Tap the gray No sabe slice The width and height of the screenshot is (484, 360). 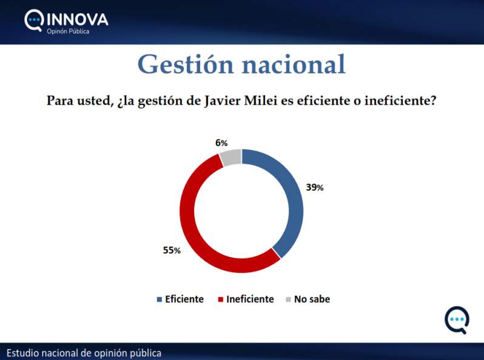pos(232,158)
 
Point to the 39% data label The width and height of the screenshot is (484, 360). pos(314,188)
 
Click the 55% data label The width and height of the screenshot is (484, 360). pos(172,250)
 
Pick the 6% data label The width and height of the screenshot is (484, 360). pos(221,143)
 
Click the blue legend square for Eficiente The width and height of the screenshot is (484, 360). pos(160,299)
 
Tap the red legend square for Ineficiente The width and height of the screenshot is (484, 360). pos(221,299)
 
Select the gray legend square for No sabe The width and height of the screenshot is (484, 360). pos(289,299)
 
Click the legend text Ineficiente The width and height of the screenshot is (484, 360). pos(250,299)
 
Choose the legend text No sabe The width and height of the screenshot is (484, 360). pos(312,299)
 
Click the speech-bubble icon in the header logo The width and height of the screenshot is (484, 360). pos(35,21)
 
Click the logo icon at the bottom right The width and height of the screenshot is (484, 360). pos(456,320)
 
